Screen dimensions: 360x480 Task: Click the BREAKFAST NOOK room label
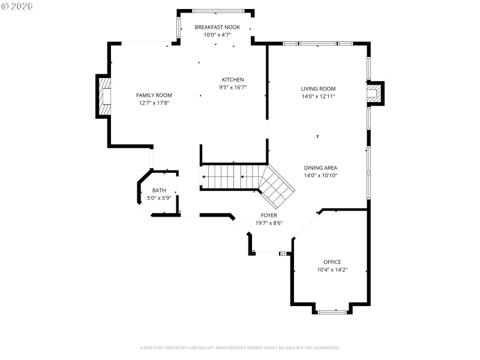point(217,27)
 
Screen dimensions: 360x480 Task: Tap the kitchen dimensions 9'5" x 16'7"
point(233,87)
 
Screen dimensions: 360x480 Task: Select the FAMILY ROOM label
point(154,95)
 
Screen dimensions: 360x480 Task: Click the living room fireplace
point(375,93)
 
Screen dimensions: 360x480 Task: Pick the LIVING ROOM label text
point(318,89)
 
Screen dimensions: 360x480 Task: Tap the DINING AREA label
point(320,168)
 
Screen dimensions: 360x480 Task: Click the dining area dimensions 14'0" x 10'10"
point(320,176)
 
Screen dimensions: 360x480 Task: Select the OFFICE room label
point(332,262)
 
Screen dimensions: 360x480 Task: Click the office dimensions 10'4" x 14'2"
point(332,269)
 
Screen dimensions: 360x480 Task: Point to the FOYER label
point(269,215)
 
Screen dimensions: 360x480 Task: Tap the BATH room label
point(159,190)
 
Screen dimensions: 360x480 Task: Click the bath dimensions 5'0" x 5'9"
point(159,198)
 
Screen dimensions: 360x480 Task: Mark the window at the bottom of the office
point(332,311)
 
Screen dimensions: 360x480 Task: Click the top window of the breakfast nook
point(218,11)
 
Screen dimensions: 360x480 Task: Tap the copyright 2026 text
point(17,6)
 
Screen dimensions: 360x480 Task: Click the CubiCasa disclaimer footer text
point(240,347)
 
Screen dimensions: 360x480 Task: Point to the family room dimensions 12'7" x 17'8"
point(154,103)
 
